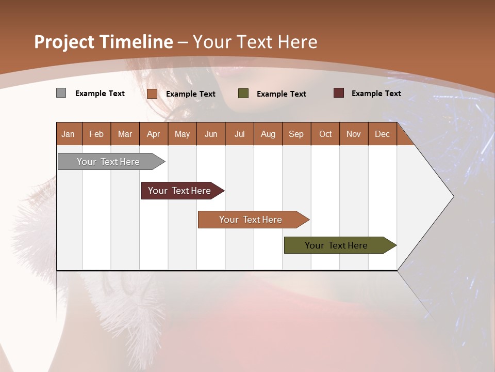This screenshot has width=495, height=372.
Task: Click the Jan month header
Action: point(68,134)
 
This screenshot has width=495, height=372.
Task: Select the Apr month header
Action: point(153,134)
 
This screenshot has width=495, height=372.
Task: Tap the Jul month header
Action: point(239,134)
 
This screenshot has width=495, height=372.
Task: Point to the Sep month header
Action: point(296,134)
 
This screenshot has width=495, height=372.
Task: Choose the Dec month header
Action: point(382,134)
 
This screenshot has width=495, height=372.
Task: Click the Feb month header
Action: point(96,134)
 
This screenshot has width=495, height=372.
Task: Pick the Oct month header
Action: point(325,134)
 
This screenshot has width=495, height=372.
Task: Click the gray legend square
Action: point(61,93)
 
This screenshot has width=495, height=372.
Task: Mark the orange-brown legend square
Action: point(152,94)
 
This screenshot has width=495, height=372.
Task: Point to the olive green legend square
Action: point(243,94)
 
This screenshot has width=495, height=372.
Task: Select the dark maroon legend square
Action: point(338,93)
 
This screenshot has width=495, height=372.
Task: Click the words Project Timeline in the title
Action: point(104,42)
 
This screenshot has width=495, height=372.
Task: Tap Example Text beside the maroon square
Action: point(376,94)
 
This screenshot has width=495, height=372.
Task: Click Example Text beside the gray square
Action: point(100,94)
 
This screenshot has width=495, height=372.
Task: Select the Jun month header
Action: point(211,134)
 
